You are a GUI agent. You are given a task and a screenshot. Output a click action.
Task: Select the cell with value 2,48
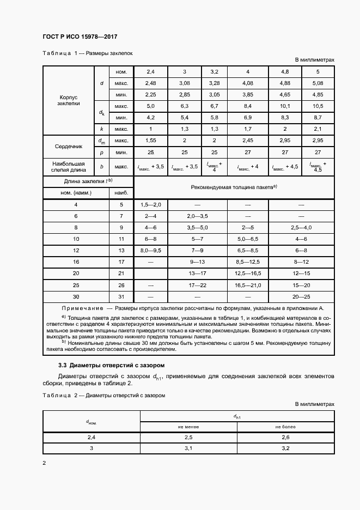[151, 83]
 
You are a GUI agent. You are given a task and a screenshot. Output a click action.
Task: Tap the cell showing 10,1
[285, 106]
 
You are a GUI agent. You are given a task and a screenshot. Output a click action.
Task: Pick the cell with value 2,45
[248, 141]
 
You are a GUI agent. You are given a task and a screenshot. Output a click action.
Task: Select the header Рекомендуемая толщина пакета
[234, 187]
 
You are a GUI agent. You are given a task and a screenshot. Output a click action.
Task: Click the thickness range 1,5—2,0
[151, 204]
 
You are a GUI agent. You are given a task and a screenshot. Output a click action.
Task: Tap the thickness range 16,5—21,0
[248, 285]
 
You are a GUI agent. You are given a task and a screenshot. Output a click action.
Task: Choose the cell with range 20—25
[301, 296]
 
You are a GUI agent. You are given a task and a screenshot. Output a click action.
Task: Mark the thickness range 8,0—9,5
[151, 251]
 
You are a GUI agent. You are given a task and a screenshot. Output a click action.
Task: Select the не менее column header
[188, 426]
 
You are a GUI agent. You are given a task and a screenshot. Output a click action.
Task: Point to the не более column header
[285, 426]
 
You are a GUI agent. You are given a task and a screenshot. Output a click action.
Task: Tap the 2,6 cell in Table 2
[285, 438]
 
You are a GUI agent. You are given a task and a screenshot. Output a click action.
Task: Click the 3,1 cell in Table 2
[188, 448]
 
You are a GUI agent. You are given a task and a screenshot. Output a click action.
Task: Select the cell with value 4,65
[285, 95]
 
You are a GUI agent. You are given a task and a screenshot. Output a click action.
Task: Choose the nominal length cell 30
[76, 296]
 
